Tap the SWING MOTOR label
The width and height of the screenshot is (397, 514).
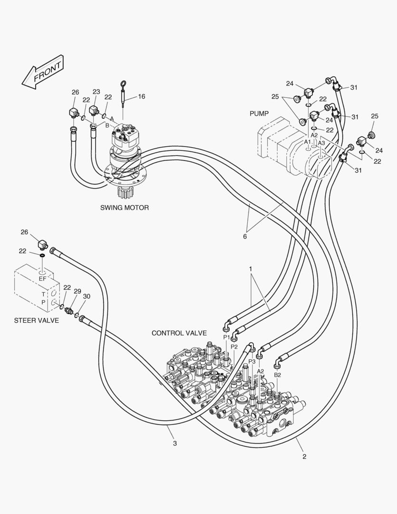click(125, 208)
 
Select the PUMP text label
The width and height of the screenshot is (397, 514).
click(259, 114)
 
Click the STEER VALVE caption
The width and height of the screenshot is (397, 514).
click(37, 320)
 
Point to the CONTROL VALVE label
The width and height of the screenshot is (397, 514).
click(179, 333)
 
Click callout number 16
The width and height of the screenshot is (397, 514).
click(142, 96)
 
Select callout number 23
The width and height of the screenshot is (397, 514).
click(96, 92)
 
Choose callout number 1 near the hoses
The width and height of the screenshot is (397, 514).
click(251, 269)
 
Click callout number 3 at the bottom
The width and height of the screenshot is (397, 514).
click(175, 443)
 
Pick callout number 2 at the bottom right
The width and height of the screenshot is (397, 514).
click(304, 456)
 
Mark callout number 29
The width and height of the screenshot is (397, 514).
click(77, 291)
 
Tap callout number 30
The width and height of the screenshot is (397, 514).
click(86, 296)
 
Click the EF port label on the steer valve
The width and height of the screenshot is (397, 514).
click(42, 279)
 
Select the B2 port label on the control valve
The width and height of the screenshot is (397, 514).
click(277, 375)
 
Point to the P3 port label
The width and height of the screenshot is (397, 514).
click(252, 361)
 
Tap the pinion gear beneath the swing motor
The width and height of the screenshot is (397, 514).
click(126, 193)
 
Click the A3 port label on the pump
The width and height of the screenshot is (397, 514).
click(321, 143)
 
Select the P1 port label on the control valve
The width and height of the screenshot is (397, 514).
click(227, 337)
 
